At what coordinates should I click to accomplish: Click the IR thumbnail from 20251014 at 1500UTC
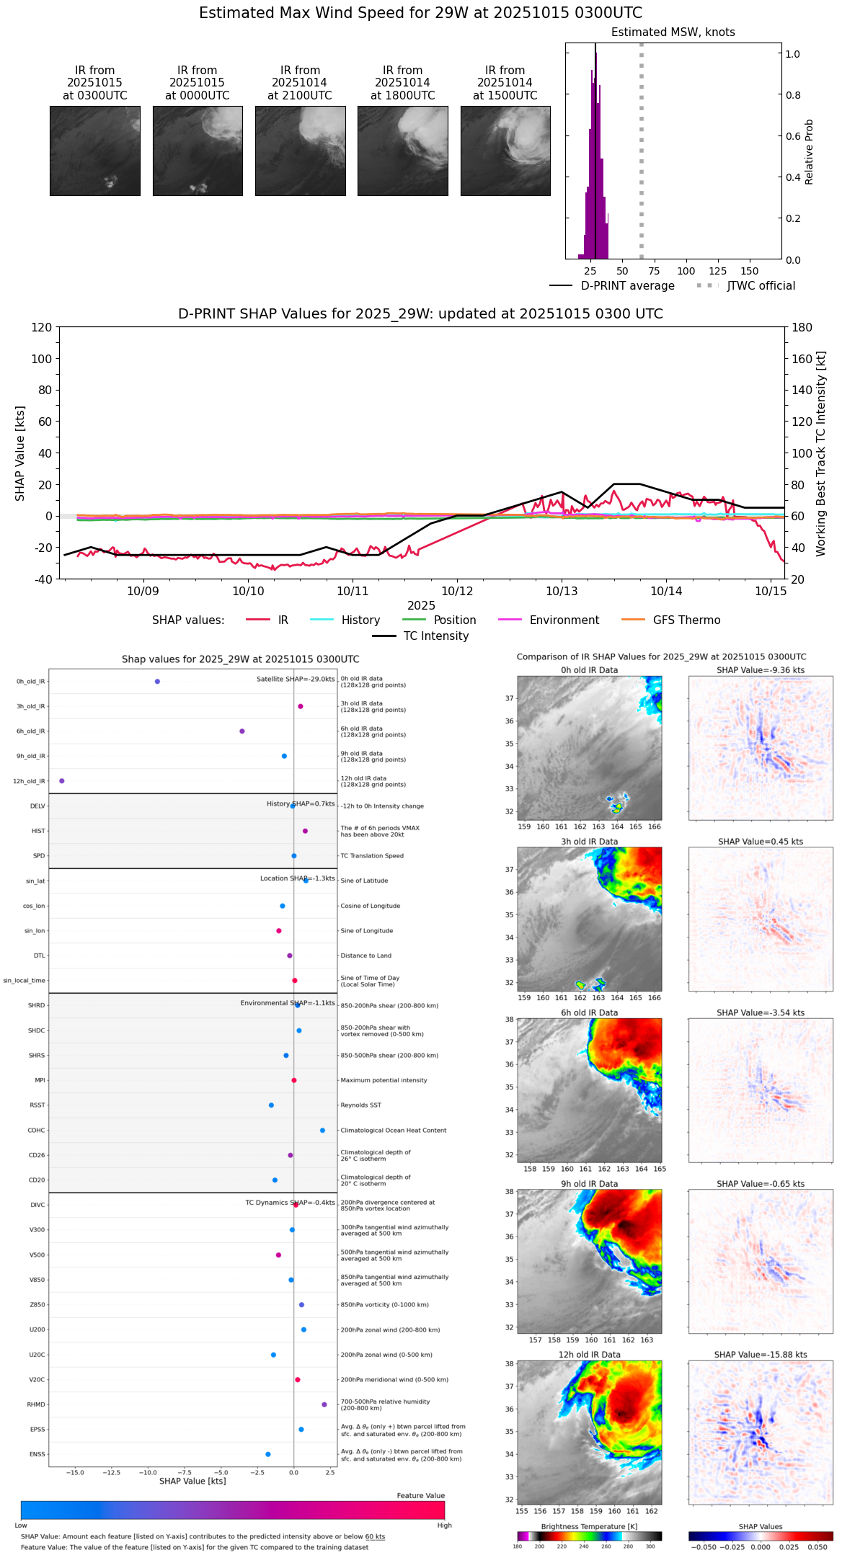(x=505, y=151)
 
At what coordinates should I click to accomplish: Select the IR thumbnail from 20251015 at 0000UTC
(x=198, y=151)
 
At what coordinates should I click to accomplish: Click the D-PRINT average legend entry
(x=612, y=286)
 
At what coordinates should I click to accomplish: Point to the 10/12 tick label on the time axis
(x=457, y=591)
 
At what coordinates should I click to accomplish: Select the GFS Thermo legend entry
(x=670, y=620)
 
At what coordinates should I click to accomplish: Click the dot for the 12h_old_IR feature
(x=62, y=781)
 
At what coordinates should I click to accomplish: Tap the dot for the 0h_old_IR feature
(x=157, y=682)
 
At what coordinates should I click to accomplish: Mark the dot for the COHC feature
(x=322, y=1131)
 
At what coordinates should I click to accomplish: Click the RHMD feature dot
(x=324, y=1404)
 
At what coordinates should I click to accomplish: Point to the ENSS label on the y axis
(x=37, y=1454)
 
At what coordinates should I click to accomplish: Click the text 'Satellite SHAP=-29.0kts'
(x=296, y=679)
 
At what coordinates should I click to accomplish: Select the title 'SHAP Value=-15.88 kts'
(x=761, y=1355)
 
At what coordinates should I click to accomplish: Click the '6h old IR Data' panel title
(x=589, y=1012)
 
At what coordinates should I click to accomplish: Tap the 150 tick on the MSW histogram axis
(x=750, y=271)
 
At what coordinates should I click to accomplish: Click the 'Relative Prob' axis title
(x=809, y=151)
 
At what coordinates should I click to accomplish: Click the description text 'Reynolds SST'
(x=361, y=1105)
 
